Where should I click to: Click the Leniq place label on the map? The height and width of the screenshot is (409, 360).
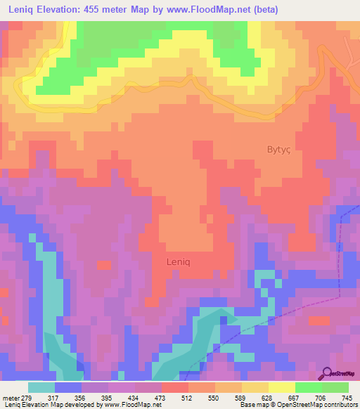[178, 261]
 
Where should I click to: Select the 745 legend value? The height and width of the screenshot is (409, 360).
[347, 397]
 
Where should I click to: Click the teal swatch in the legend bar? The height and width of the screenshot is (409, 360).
[41, 387]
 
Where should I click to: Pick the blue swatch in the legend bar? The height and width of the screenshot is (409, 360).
[68, 387]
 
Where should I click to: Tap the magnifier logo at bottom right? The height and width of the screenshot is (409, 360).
[328, 373]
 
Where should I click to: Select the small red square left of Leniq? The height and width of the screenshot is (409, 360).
[104, 265]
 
